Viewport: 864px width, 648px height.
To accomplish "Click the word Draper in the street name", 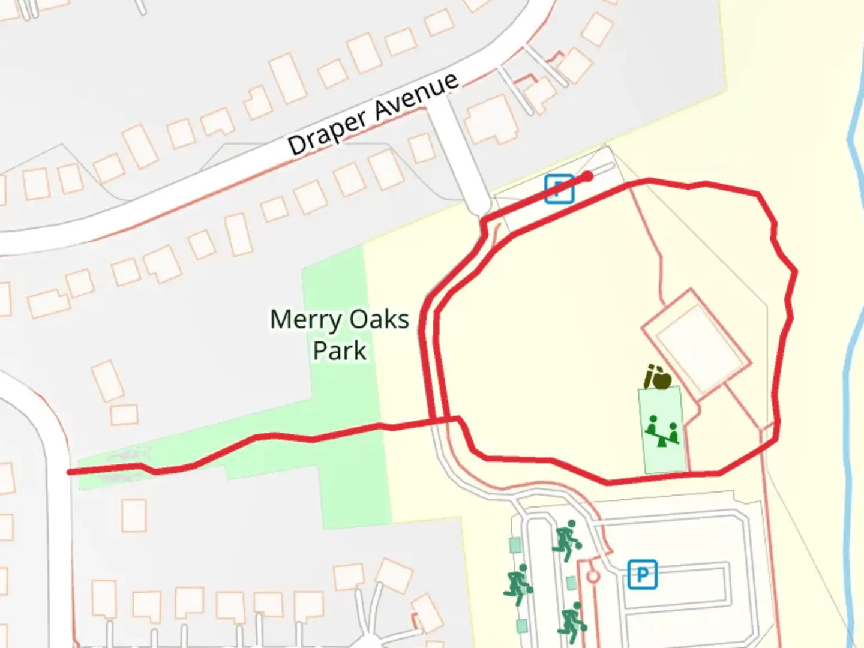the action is tap(327, 131).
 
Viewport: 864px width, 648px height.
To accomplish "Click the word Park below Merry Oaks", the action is tap(340, 351).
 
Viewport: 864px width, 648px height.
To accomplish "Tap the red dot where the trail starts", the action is tap(588, 176).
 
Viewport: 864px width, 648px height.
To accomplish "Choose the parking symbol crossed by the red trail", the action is tap(559, 188).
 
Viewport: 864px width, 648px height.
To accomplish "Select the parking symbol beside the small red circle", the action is tap(643, 575).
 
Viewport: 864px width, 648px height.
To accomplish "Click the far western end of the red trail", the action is tap(70, 472).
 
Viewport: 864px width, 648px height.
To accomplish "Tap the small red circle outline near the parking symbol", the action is tap(593, 577).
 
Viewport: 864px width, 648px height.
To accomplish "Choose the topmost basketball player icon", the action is tap(566, 539).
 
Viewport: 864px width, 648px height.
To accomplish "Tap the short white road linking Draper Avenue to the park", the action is tap(462, 156).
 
